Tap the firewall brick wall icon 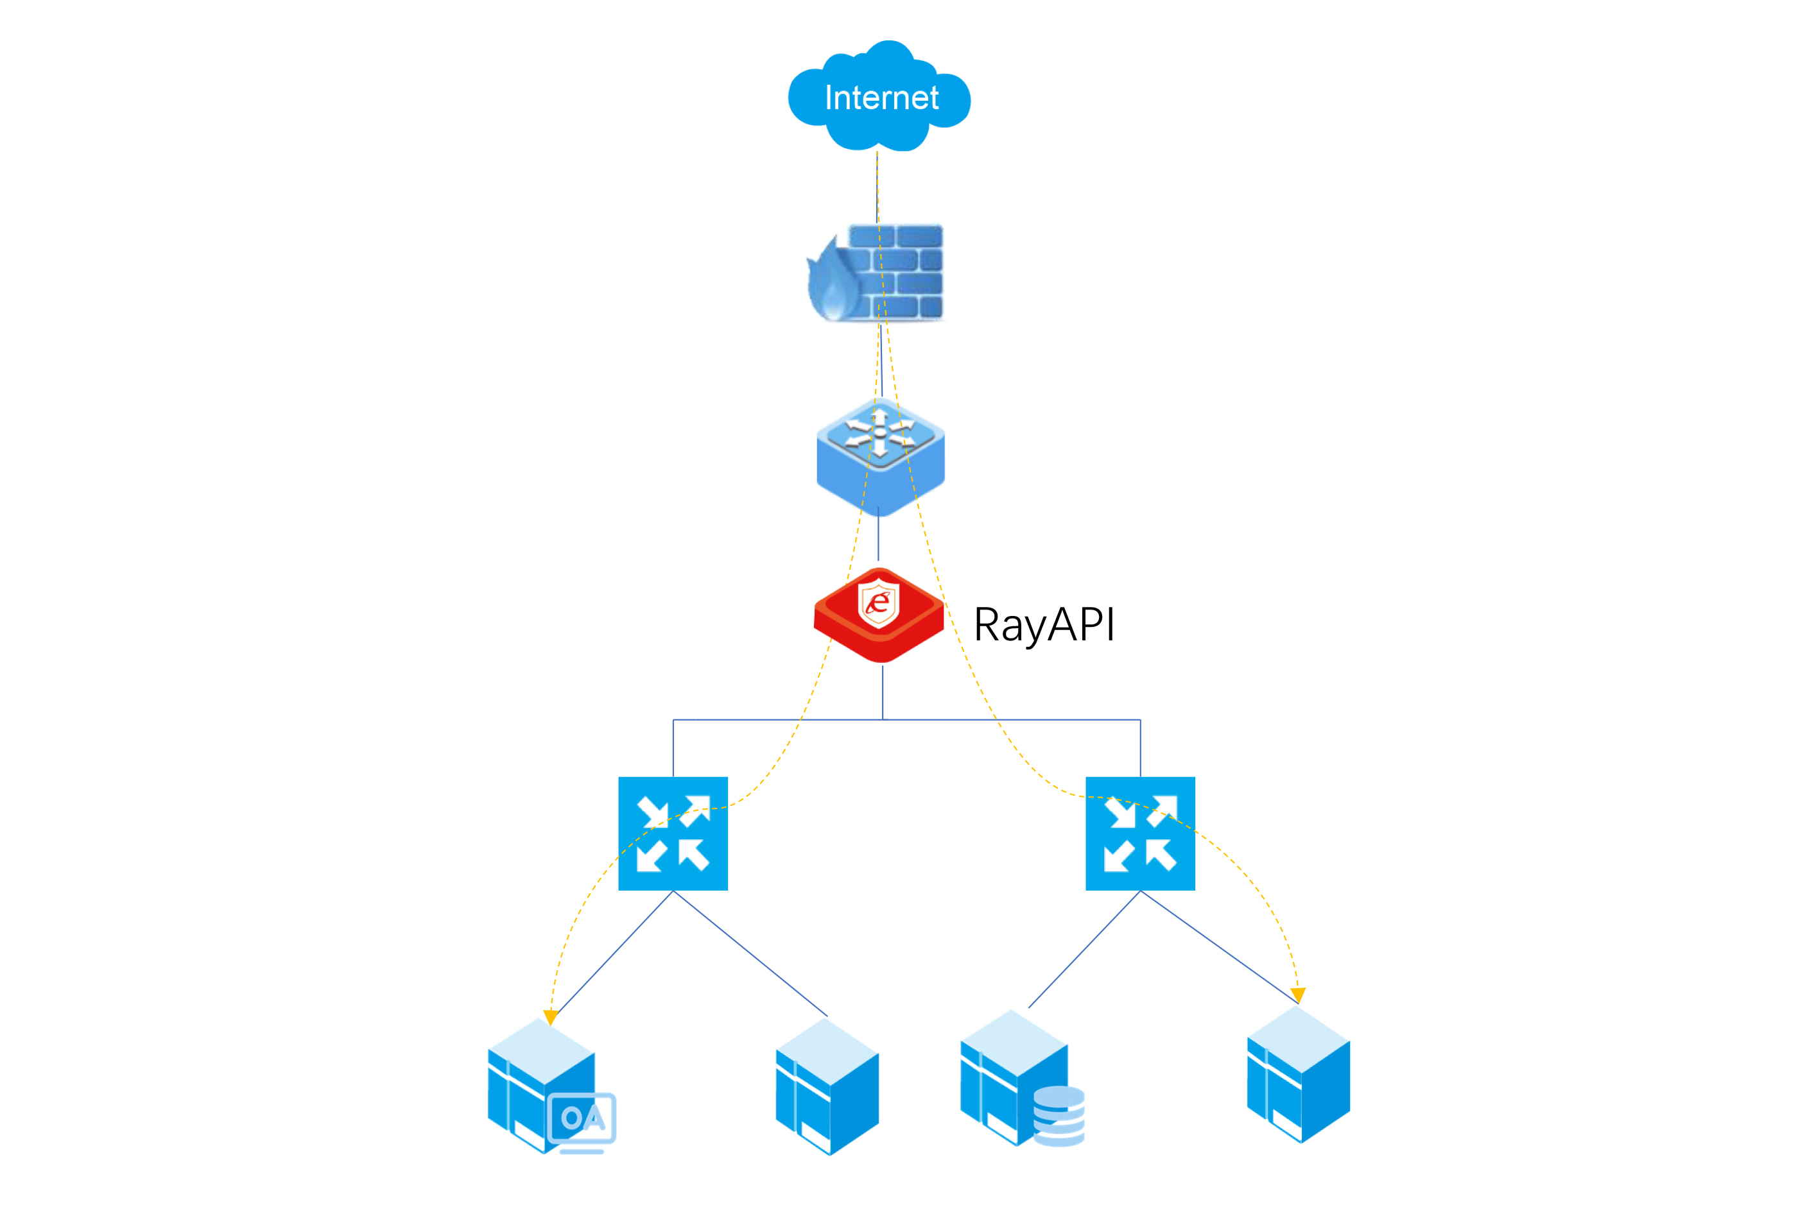[895, 271]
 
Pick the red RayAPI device [879, 615]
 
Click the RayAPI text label [1043, 624]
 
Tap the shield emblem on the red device [878, 603]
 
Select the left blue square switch [673, 834]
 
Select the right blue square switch [1139, 834]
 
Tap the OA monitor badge [582, 1120]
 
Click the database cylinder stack [1059, 1116]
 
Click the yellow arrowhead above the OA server [550, 1017]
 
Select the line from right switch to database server [1084, 949]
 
